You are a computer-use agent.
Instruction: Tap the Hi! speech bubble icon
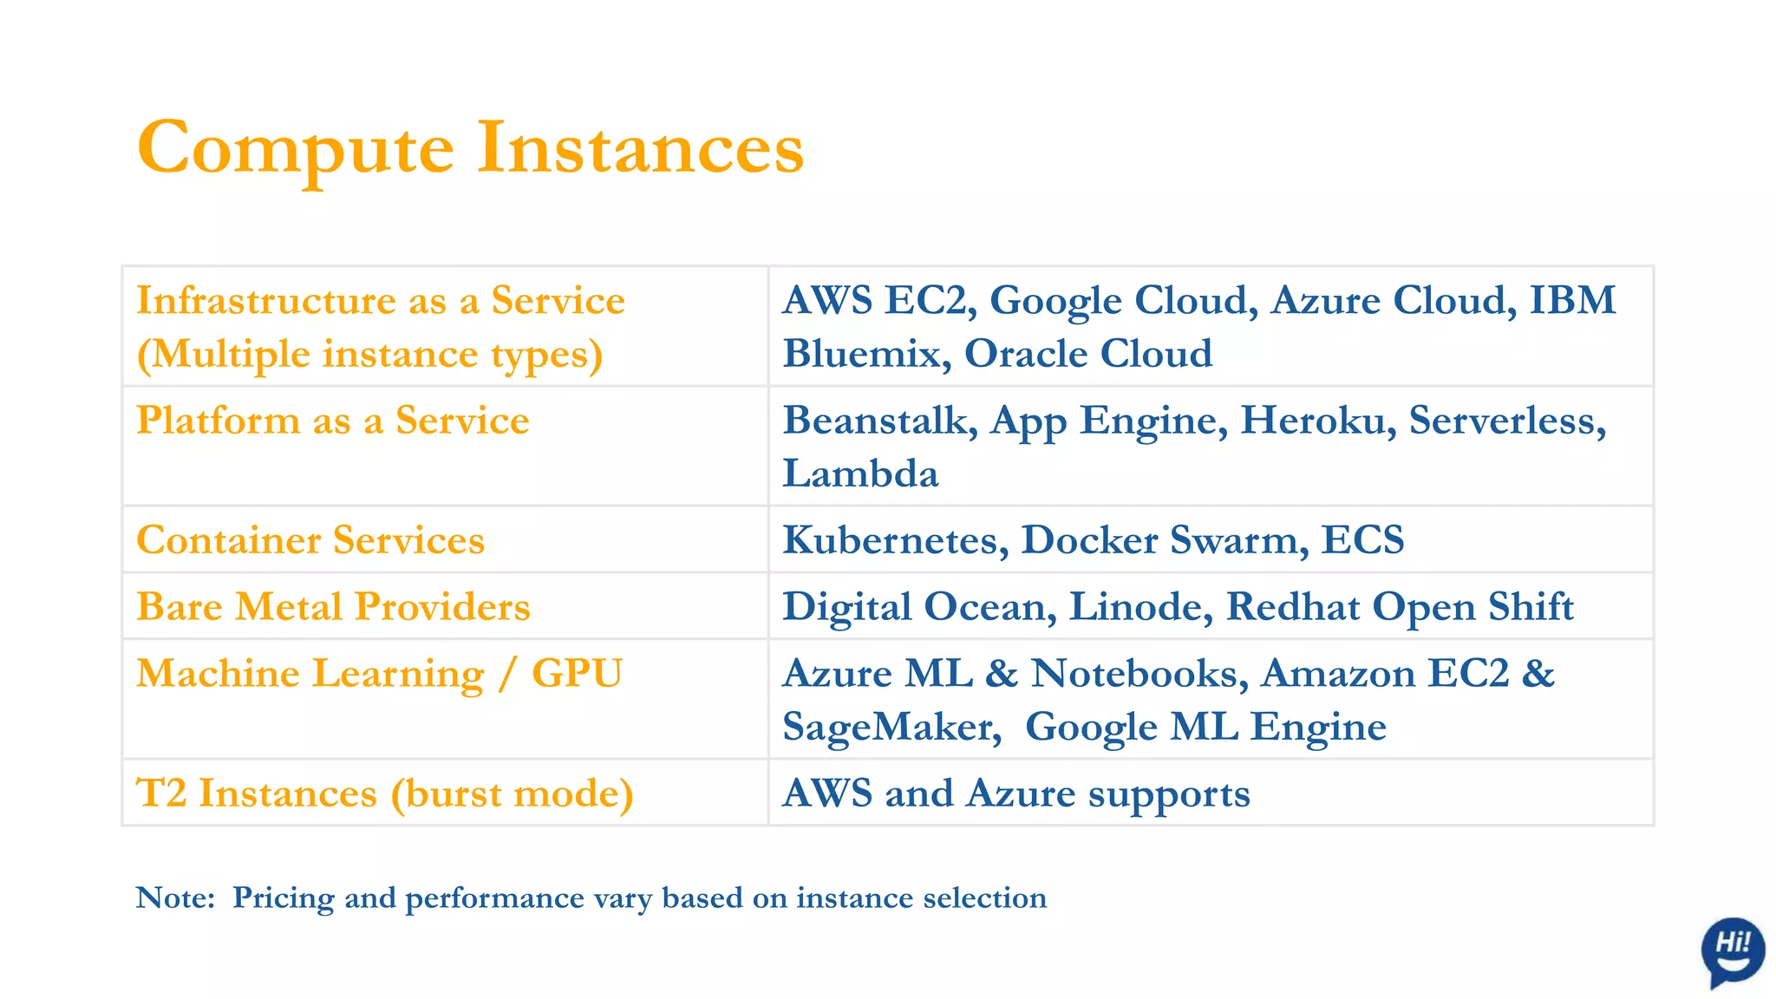point(1732,950)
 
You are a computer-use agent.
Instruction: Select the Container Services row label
point(310,540)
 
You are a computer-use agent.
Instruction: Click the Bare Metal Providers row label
point(333,607)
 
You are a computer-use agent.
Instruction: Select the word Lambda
point(860,474)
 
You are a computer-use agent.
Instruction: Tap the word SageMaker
point(891,728)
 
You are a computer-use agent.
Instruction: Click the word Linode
point(1139,607)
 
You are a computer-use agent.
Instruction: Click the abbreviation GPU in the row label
point(577,674)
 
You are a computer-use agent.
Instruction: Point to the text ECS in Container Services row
point(1362,540)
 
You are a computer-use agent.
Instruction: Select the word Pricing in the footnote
point(283,898)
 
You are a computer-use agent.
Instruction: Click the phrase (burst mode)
point(512,794)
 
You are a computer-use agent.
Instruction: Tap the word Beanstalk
point(880,421)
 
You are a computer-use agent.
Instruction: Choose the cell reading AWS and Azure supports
point(1015,793)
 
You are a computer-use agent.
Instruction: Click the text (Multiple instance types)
point(369,355)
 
